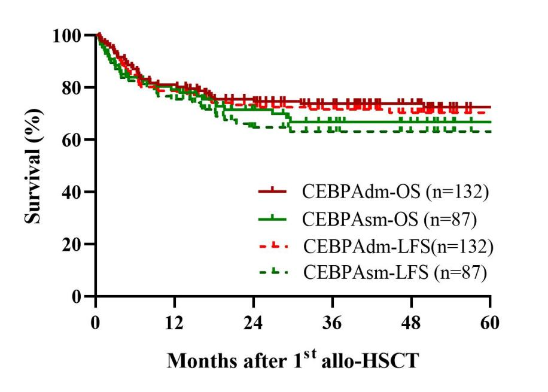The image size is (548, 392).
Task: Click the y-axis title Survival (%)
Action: [34, 166]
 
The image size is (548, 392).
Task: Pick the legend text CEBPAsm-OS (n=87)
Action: [389, 219]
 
